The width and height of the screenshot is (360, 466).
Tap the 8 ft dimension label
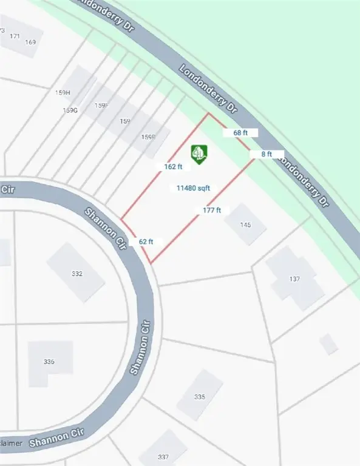click(267, 154)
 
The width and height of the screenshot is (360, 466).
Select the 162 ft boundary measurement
click(173, 166)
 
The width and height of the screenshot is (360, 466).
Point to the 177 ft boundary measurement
click(211, 211)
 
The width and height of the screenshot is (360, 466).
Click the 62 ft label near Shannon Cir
click(146, 241)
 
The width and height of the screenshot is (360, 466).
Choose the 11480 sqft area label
click(193, 189)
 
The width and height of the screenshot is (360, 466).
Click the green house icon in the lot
click(199, 154)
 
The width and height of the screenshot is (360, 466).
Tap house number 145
click(245, 225)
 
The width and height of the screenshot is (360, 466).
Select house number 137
click(295, 279)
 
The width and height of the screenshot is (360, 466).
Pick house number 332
click(76, 274)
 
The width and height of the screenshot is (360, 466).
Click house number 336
click(49, 362)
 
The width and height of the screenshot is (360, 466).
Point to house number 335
click(200, 397)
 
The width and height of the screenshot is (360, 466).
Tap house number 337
click(163, 457)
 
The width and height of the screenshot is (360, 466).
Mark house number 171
click(15, 36)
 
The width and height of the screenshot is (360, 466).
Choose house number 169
click(31, 42)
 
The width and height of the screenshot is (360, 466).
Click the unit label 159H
click(63, 93)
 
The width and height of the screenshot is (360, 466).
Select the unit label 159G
click(71, 110)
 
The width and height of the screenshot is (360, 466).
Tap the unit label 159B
click(148, 137)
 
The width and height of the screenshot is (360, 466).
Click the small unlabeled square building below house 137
click(328, 344)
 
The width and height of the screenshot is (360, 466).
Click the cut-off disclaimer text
click(11, 444)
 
